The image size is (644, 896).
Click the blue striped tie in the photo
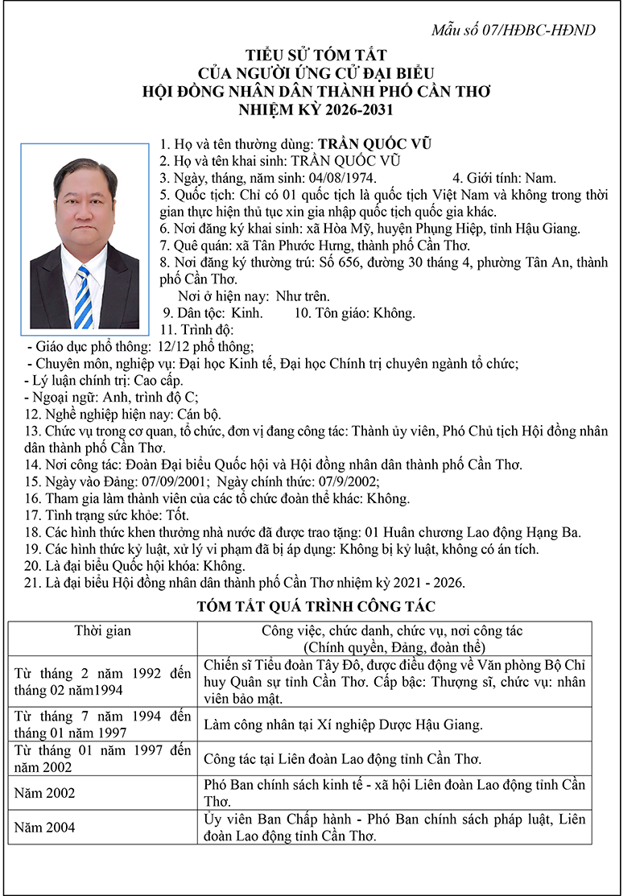pyautogui.click(x=83, y=298)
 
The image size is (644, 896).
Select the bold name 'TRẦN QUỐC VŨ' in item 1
pyautogui.click(x=375, y=144)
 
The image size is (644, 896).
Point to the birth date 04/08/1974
pyautogui.click(x=343, y=178)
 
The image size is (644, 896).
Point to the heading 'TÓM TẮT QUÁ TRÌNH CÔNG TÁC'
pyautogui.click(x=316, y=607)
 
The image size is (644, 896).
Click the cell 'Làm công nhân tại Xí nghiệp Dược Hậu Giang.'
pyautogui.click(x=343, y=725)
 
